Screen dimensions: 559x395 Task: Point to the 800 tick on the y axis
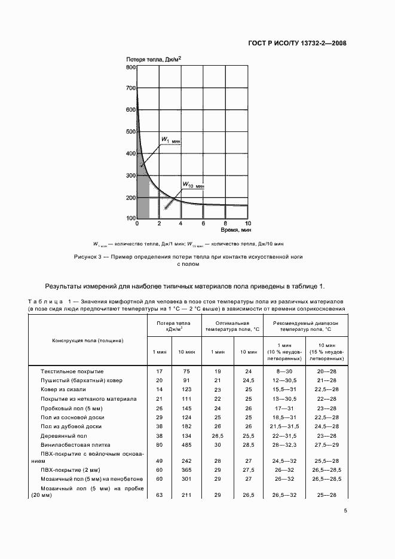[x=131, y=67]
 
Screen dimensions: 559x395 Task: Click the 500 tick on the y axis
[x=131, y=133]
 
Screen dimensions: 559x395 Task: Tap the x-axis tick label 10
[x=247, y=223]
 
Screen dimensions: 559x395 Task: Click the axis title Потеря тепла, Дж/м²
[x=154, y=59]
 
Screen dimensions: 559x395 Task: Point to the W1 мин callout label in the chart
[x=170, y=140]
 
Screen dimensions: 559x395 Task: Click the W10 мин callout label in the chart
[x=192, y=185]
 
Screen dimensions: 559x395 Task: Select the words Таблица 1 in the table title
[x=49, y=302]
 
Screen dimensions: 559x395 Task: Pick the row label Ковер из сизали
[x=63, y=389]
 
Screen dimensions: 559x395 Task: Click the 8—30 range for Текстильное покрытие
[x=280, y=371]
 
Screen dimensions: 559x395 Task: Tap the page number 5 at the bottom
[x=345, y=510]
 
